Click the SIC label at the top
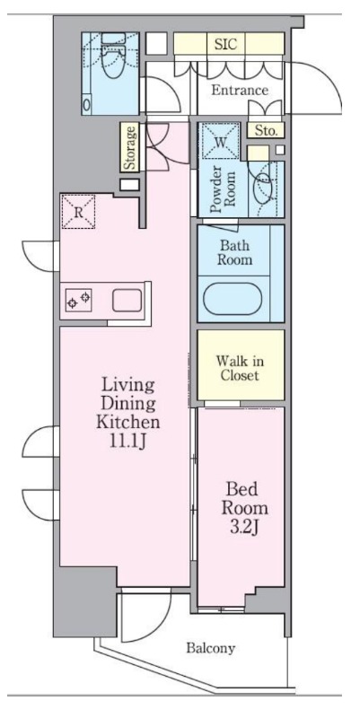(226, 44)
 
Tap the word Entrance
(240, 91)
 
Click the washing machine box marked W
(221, 141)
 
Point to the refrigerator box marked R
(79, 212)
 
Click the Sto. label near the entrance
(266, 131)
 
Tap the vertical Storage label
(130, 147)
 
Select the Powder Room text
(222, 189)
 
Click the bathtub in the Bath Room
(233, 299)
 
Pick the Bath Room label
(234, 252)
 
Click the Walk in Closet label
(240, 369)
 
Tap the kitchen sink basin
(127, 301)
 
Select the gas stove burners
(79, 300)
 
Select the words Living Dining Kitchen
(127, 403)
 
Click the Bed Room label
(244, 499)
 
